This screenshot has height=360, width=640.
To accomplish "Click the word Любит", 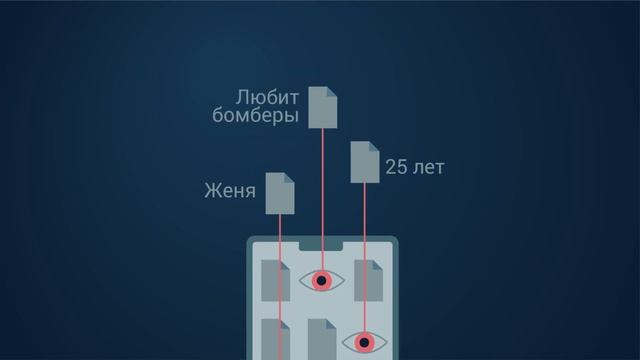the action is (267, 98).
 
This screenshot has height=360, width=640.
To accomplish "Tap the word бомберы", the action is (256, 116).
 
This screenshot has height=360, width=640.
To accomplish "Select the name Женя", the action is (229, 190).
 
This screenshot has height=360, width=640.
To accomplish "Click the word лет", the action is (428, 167).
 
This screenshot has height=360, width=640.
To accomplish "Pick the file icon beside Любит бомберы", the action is (323, 107).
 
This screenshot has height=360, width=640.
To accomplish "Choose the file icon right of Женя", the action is (279, 193).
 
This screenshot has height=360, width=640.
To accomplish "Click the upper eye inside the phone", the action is (321, 281).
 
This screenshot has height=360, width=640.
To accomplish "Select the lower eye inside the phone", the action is (364, 343).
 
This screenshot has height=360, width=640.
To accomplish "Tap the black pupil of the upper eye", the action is (321, 281).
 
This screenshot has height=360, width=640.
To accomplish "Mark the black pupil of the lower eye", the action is (364, 343).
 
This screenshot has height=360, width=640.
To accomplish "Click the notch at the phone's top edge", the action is (322, 244).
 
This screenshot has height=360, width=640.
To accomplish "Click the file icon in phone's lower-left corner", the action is (273, 340).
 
